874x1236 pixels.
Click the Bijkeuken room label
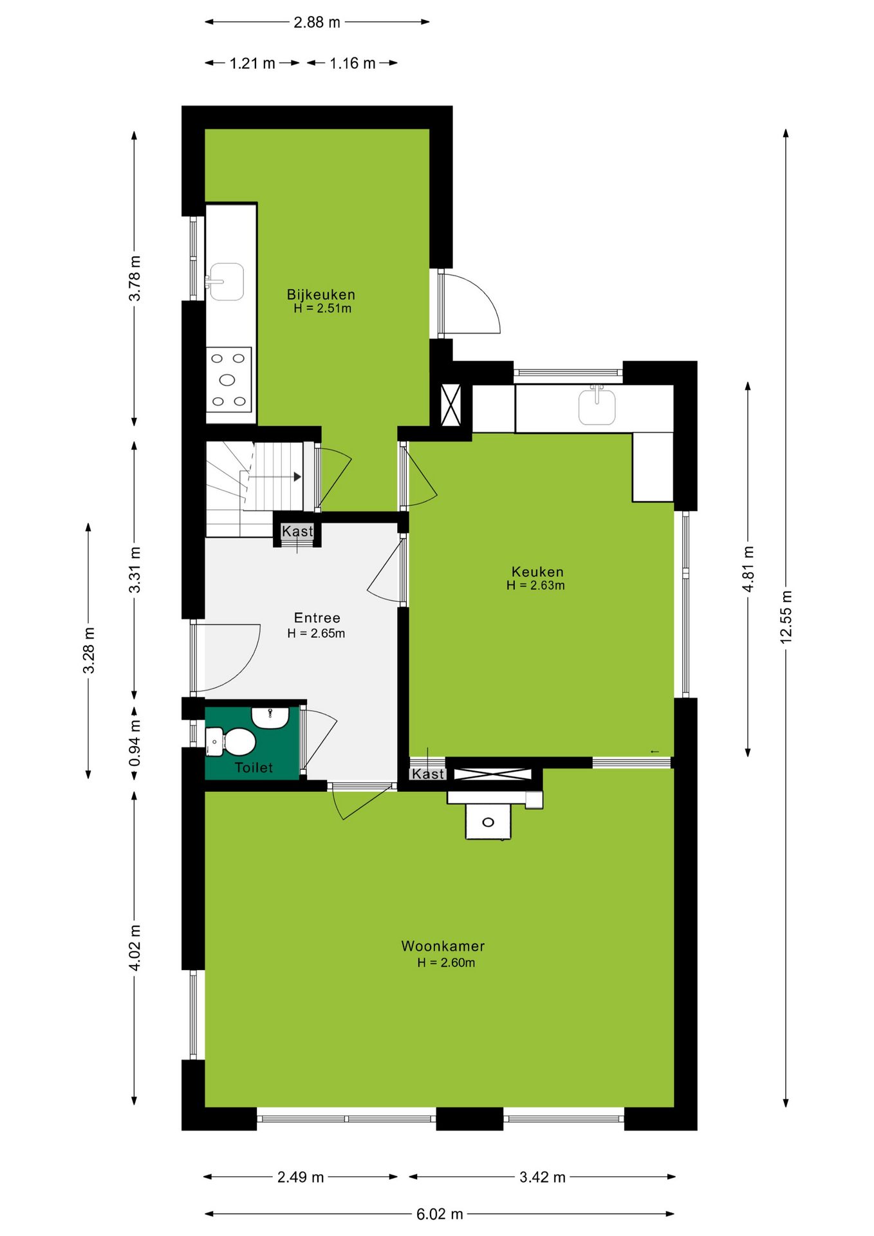(321, 295)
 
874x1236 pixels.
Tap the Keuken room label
(537, 572)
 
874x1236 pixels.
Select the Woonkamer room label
(443, 946)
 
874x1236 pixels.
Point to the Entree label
(317, 618)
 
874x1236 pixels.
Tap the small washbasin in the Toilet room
(270, 717)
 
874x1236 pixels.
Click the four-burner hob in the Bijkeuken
(228, 380)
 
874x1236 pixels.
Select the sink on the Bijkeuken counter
(226, 282)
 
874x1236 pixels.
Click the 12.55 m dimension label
(786, 617)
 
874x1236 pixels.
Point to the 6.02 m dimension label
(440, 1214)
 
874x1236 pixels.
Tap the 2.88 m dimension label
(317, 23)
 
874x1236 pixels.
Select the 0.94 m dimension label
(135, 743)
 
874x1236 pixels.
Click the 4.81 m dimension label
(748, 569)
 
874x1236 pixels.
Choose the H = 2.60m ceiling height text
(446, 963)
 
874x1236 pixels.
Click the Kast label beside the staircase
(297, 532)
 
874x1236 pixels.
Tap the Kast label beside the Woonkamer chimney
(428, 774)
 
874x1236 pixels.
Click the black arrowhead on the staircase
(297, 477)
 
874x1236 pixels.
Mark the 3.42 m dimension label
(543, 1177)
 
